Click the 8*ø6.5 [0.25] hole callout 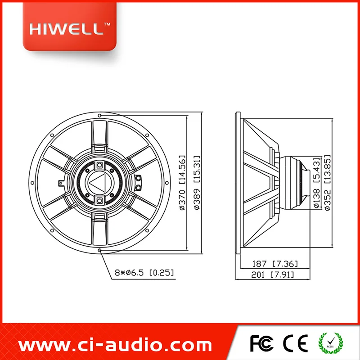[144, 273]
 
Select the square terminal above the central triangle [99, 165]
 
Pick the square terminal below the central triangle [99, 199]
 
